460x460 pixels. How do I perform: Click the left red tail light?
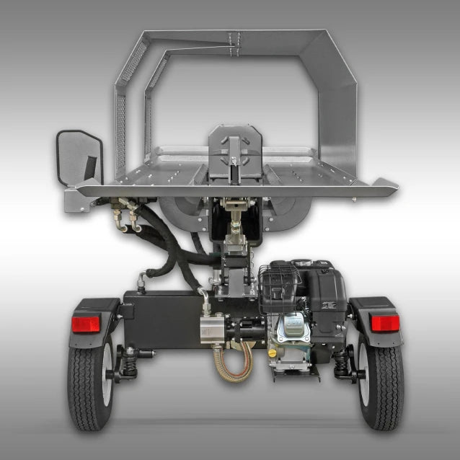click(x=85, y=324)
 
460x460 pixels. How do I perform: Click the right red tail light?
click(x=385, y=323)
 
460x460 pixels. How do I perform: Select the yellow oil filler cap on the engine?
click(x=272, y=354)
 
